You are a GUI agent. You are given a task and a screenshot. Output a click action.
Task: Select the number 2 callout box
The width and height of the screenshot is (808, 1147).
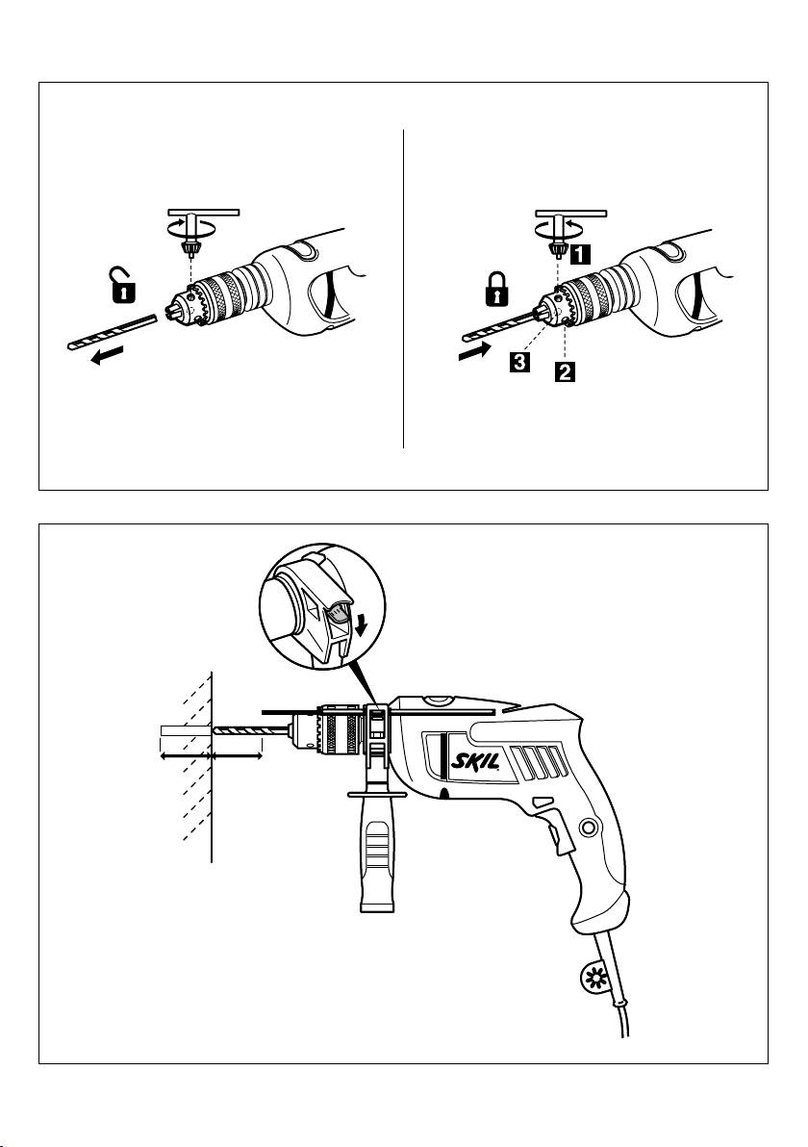pos(563,370)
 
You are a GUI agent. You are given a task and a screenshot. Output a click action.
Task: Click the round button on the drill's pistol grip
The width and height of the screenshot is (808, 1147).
pos(588,825)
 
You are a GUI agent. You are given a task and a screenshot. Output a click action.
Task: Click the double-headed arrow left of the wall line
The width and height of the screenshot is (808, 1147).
pos(184,757)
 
